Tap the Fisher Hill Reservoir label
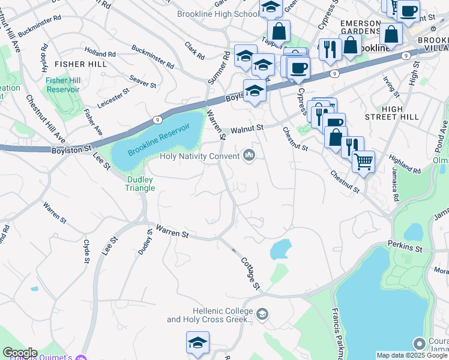pos(63,85)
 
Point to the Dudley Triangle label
pos(140,184)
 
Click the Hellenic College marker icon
pos(262,314)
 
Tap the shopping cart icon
pos(363,160)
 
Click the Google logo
pos(20,353)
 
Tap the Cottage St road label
pos(250,274)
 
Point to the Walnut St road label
pos(248,128)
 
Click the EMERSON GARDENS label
pos(360,28)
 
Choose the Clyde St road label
pos(86,251)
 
